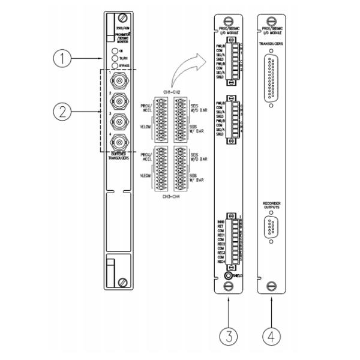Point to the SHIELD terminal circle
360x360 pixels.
click(227, 277)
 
